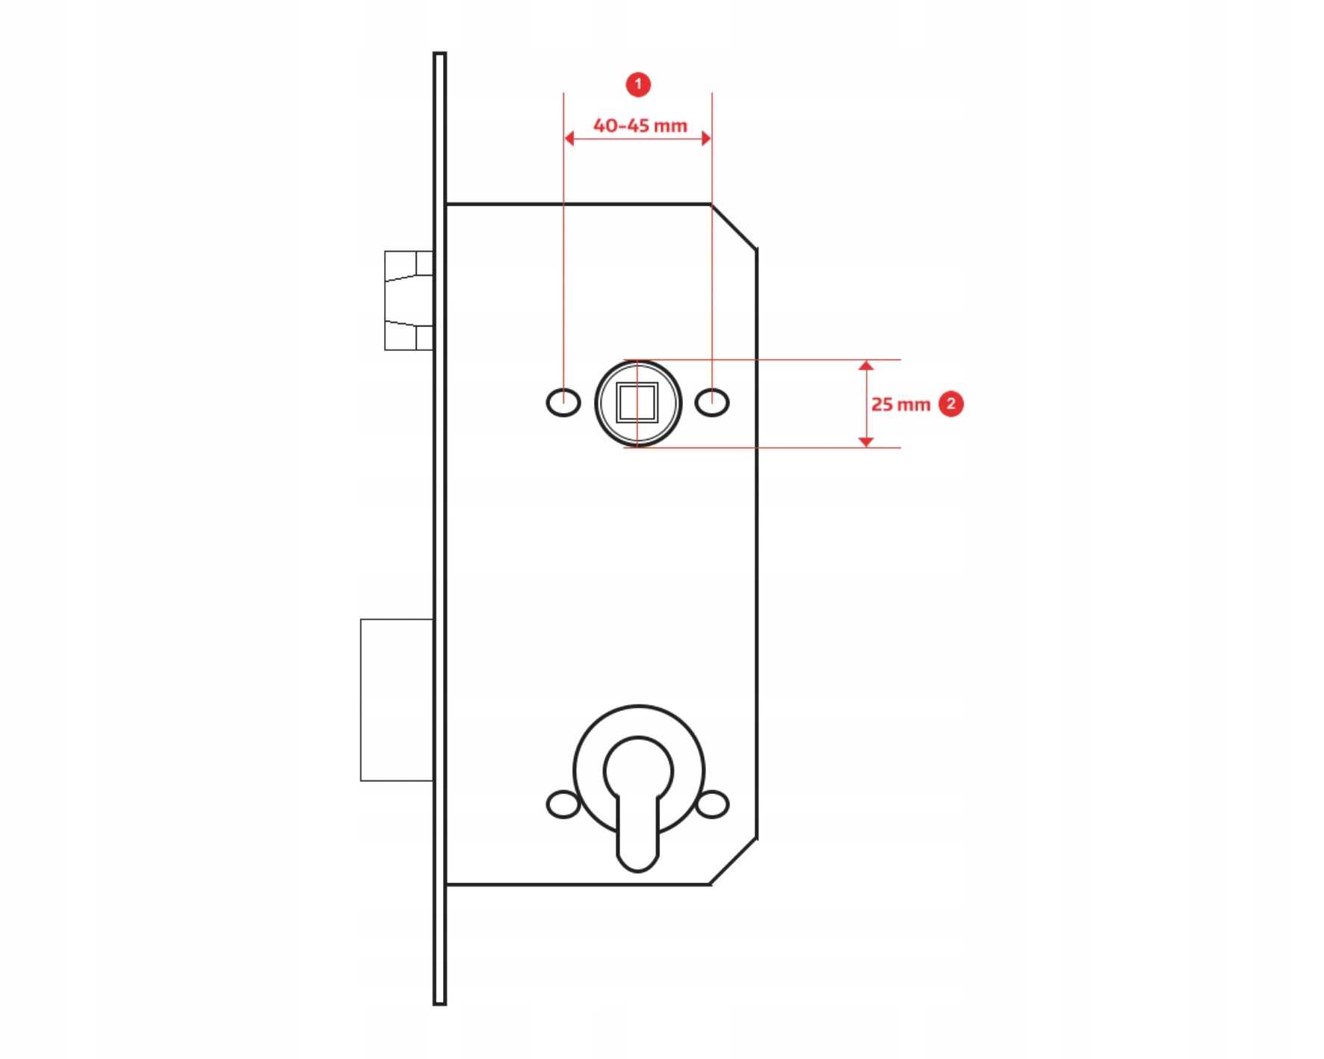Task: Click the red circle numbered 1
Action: pyautogui.click(x=638, y=84)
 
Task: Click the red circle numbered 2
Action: pyautogui.click(x=950, y=404)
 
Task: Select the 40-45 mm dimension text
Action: pyautogui.click(x=640, y=125)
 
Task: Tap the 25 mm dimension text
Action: pyautogui.click(x=900, y=404)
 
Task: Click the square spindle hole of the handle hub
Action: pyautogui.click(x=637, y=403)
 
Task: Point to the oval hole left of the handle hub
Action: pyautogui.click(x=563, y=403)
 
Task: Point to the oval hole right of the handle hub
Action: pyautogui.click(x=712, y=403)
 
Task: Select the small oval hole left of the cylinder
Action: pyautogui.click(x=563, y=804)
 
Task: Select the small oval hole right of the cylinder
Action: pyautogui.click(x=713, y=804)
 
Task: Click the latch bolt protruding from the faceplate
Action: pyautogui.click(x=409, y=300)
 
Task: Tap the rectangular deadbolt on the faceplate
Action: pyautogui.click(x=397, y=700)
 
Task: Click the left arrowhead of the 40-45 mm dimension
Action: pyautogui.click(x=569, y=138)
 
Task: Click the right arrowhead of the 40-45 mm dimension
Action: pyautogui.click(x=706, y=138)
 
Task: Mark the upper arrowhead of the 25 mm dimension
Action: pyautogui.click(x=866, y=365)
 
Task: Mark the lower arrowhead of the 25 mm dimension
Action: pyautogui.click(x=866, y=442)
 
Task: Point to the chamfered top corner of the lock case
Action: pyautogui.click(x=734, y=226)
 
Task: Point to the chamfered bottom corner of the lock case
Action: pyautogui.click(x=733, y=861)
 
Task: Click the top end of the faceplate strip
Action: pyautogui.click(x=440, y=53)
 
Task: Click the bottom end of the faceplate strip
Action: pyautogui.click(x=440, y=1004)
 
